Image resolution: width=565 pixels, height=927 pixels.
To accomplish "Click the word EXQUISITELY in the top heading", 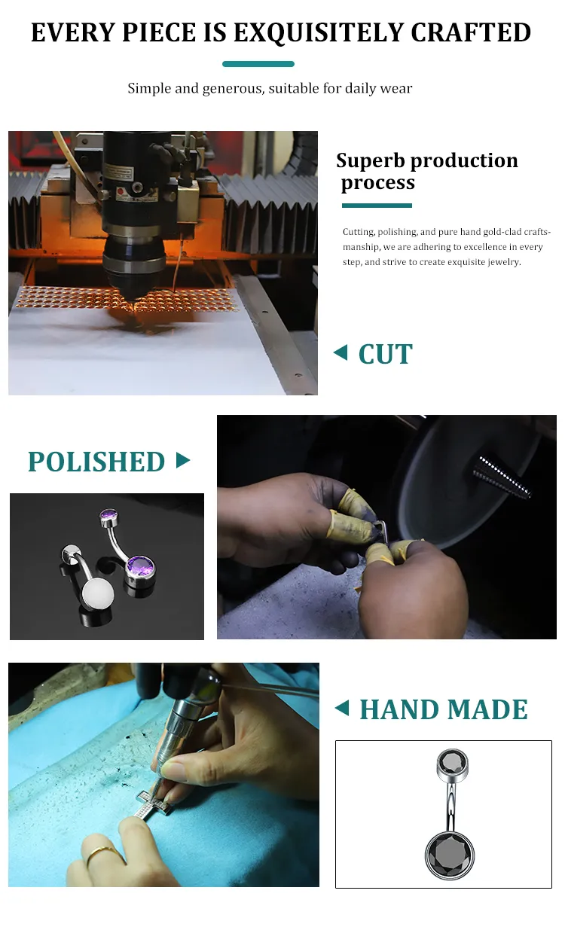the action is [318, 32].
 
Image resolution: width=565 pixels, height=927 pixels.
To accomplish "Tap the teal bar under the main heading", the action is [258, 64].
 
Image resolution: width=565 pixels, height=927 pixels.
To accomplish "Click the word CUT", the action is [386, 354].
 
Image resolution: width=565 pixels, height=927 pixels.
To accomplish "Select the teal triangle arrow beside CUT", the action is [341, 352].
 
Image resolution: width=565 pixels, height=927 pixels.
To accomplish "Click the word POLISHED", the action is [96, 462].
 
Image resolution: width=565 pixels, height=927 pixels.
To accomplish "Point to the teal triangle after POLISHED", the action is [182, 460].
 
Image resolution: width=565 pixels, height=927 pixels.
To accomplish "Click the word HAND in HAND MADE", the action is [399, 709].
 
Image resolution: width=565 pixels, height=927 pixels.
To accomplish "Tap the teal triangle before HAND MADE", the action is [342, 708].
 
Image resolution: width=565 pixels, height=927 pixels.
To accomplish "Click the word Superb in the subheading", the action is [371, 160].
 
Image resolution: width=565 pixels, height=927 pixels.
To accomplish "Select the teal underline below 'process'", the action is [377, 206].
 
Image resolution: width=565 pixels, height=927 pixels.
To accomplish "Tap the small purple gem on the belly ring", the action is [109, 515].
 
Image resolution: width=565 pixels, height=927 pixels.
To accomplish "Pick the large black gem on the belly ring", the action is [450, 855].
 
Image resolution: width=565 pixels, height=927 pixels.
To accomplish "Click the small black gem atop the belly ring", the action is [453, 762].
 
